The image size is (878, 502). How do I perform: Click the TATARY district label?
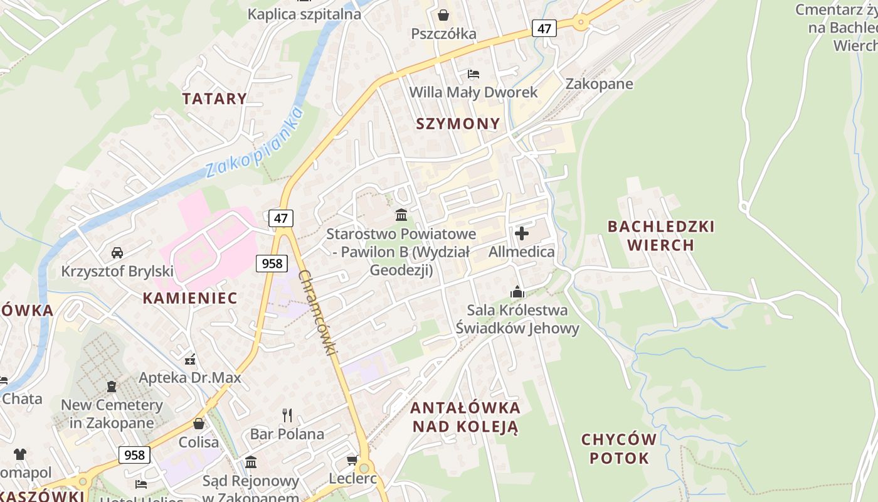[x=214, y=99]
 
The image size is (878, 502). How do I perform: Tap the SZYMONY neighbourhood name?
[x=458, y=124]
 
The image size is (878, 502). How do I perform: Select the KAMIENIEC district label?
[x=190, y=298]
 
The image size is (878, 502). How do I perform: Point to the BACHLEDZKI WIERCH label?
[x=661, y=235]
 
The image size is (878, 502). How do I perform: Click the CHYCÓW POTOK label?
[x=619, y=449]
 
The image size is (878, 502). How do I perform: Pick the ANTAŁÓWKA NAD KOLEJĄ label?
[x=465, y=417]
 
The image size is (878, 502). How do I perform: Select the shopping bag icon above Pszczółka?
[x=443, y=14]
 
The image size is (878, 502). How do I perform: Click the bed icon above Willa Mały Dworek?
[x=473, y=74]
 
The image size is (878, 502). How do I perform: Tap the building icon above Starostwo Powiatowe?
[x=401, y=216]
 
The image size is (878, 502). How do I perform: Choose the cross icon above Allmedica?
[x=521, y=234]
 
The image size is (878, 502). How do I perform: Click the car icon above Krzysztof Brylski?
[x=117, y=253]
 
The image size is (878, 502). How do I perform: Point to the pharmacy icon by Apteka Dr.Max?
[x=190, y=360]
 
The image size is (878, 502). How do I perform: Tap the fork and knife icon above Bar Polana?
[x=287, y=415]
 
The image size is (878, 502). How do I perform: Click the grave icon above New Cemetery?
[x=112, y=387]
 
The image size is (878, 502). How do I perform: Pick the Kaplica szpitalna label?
[x=304, y=14]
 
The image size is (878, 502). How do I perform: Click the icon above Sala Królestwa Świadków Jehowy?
[x=517, y=292]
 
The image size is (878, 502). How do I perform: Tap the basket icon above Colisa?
[x=199, y=424]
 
